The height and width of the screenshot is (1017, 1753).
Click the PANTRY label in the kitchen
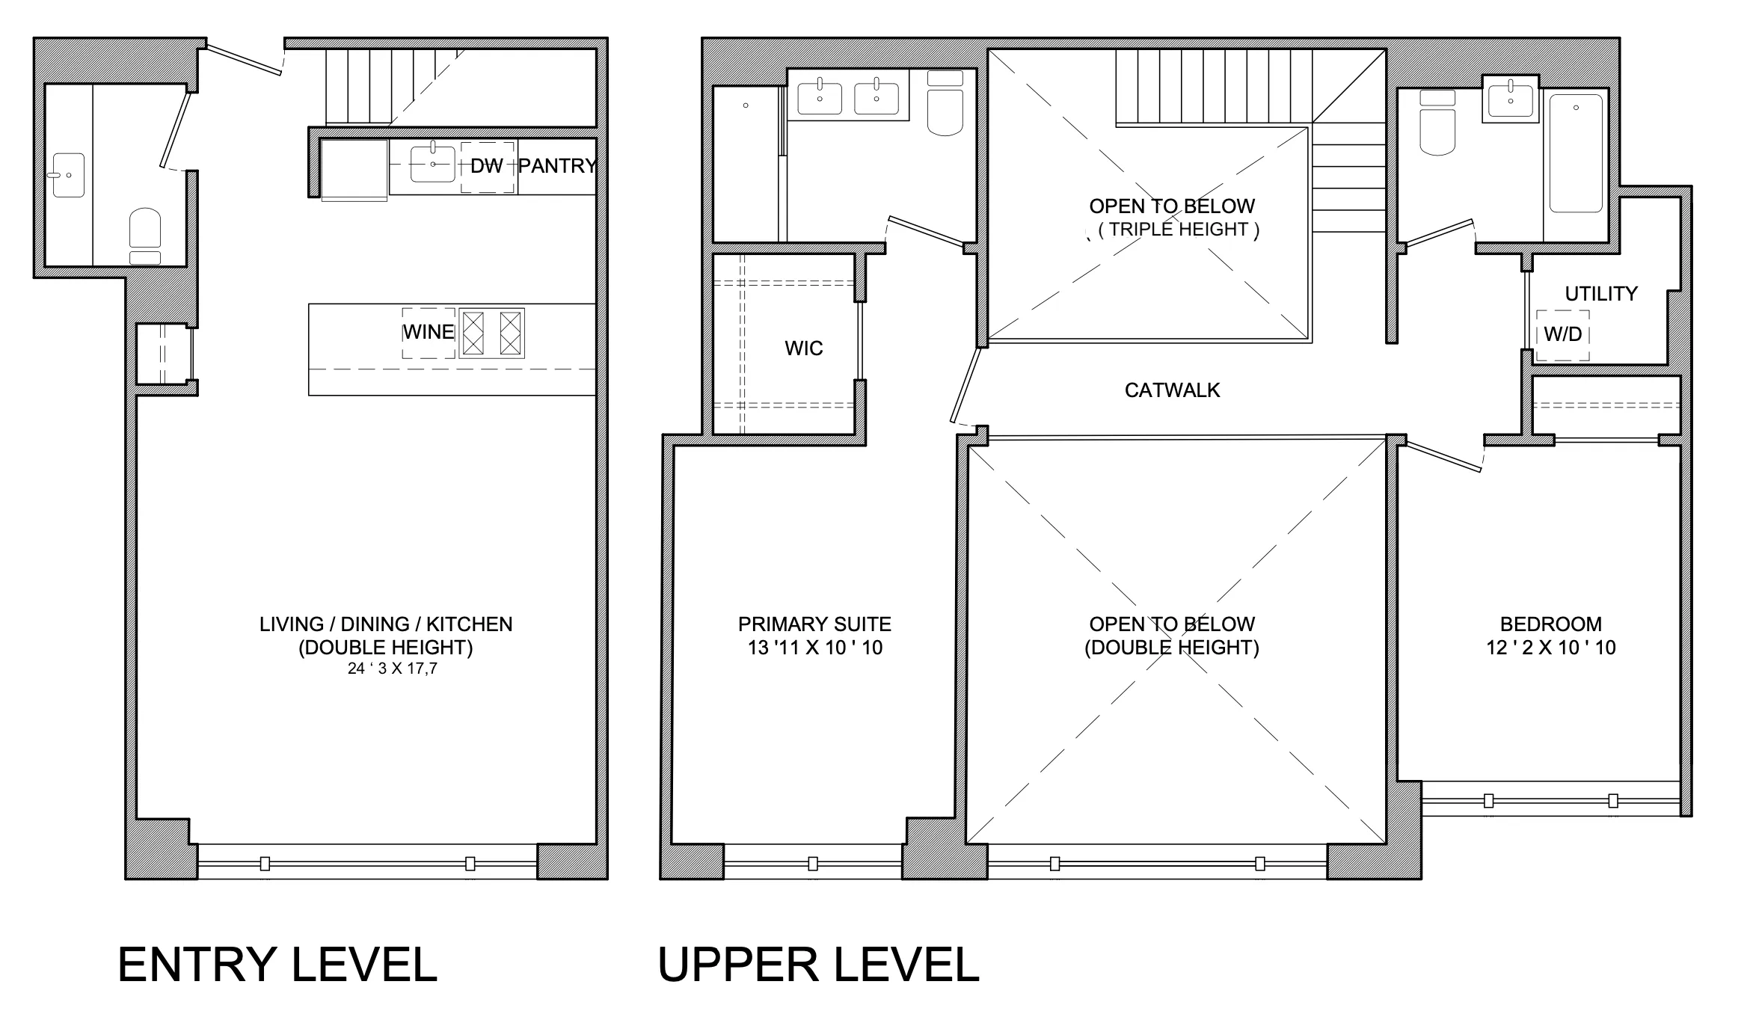tap(557, 166)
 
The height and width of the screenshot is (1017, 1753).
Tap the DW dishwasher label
tap(486, 167)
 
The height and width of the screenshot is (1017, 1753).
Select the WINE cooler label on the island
tap(429, 332)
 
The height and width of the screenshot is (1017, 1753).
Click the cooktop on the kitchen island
tap(491, 333)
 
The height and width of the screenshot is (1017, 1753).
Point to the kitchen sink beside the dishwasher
tap(432, 165)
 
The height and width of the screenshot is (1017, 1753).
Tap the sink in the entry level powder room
tap(68, 175)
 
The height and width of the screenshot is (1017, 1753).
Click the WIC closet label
tap(803, 348)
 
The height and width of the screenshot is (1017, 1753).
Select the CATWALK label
tap(1172, 390)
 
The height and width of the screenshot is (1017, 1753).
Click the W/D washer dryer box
tap(1562, 335)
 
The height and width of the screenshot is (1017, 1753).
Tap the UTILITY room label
tap(1601, 294)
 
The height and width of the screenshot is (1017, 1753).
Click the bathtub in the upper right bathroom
tap(1576, 153)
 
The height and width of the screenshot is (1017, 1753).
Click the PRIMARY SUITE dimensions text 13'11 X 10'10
tap(814, 648)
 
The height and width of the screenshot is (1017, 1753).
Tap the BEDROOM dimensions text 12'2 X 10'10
tap(1550, 648)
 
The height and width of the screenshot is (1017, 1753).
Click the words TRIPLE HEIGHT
tap(1179, 230)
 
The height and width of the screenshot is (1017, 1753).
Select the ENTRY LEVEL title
tap(277, 965)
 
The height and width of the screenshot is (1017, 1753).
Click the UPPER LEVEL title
tap(818, 965)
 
